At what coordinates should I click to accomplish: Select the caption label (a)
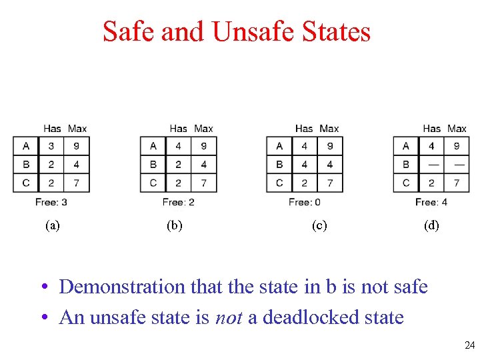point(53,225)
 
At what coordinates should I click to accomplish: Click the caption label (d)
point(431,225)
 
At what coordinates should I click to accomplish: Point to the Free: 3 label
point(51,201)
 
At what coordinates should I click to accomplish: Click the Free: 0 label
point(305,201)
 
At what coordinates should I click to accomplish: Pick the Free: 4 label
point(431,201)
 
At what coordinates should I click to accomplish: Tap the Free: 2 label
point(178,201)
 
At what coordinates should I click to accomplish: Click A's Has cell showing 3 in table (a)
point(52,146)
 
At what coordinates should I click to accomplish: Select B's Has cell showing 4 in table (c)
point(305,164)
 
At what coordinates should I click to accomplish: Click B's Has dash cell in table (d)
point(432,164)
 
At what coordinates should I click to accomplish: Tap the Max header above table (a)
point(77,128)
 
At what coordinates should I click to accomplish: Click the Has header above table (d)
point(432,128)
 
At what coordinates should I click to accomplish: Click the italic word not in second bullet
point(229,317)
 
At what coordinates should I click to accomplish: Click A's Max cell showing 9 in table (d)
point(457,146)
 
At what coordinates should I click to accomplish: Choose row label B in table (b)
point(153,164)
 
